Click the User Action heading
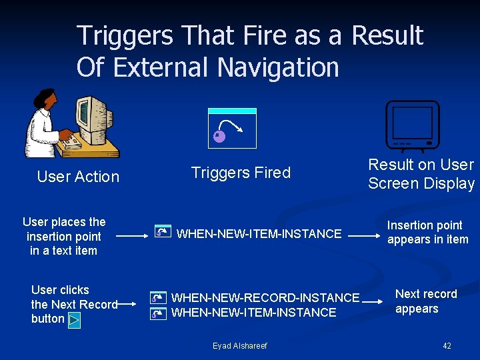[78, 177]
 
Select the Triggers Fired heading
[241, 173]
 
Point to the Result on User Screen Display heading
[421, 174]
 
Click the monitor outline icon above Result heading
[413, 125]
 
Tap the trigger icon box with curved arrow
[232, 128]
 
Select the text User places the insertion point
[64, 236]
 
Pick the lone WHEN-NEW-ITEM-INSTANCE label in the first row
[259, 233]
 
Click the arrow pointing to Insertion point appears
[365, 235]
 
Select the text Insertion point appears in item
[427, 233]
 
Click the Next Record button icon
[74, 320]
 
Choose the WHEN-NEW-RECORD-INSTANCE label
[265, 297]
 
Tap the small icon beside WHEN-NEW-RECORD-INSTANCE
[157, 298]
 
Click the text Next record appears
[426, 301]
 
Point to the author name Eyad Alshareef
[239, 346]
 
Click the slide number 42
[447, 346]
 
